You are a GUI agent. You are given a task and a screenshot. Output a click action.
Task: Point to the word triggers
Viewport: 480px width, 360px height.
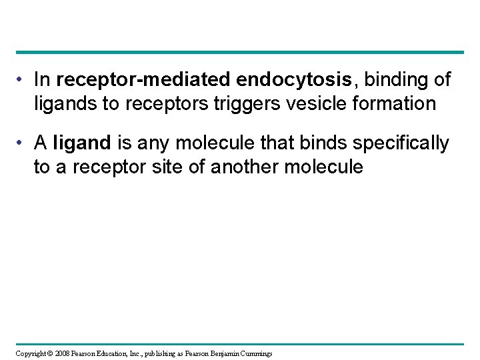(x=259, y=103)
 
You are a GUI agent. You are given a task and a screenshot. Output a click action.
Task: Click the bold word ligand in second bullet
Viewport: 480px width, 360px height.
(x=86, y=143)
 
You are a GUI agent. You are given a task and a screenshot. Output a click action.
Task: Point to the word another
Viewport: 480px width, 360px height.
(x=248, y=167)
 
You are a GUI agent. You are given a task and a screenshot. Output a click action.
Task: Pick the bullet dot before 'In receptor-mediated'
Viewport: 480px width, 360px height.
(x=23, y=81)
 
